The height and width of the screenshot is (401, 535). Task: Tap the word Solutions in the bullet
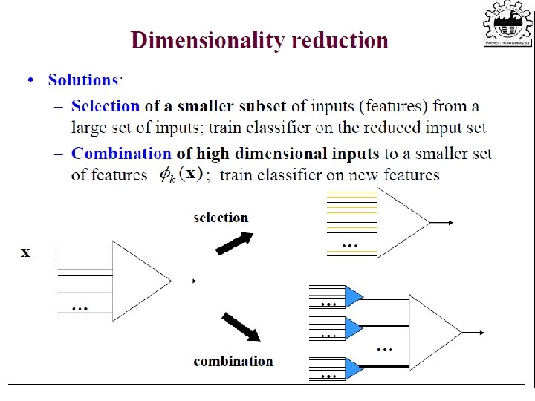84,80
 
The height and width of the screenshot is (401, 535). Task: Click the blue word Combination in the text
121,154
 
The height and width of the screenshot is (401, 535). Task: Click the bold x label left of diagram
26,252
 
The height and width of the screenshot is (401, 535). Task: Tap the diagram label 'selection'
221,218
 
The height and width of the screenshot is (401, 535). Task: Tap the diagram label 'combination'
233,362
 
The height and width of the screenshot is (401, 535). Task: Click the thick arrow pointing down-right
241,327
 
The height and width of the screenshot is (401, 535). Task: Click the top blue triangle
353,296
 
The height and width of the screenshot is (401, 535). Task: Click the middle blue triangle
353,327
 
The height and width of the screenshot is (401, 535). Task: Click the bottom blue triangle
353,366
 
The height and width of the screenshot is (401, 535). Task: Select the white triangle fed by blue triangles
434,331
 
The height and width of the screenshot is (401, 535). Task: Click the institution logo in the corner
508,25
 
